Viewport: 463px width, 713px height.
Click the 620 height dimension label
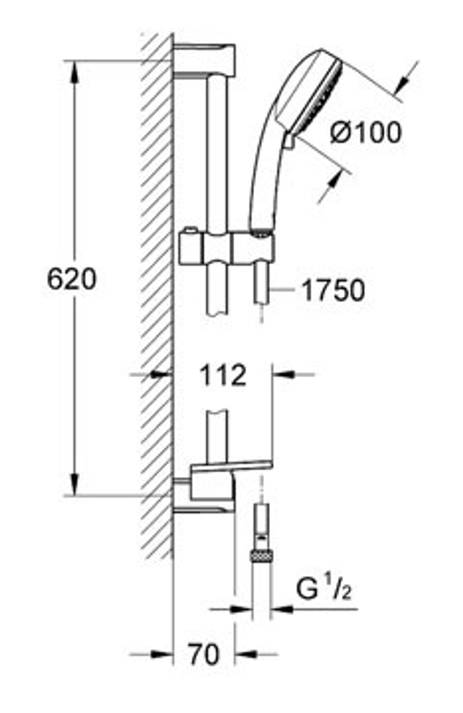tap(72, 280)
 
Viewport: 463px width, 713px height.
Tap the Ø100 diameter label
tap(366, 133)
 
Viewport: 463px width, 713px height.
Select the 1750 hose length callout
tap(333, 290)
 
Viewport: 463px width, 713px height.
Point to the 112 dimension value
tap(223, 376)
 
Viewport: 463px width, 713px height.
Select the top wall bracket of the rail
tap(205, 60)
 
